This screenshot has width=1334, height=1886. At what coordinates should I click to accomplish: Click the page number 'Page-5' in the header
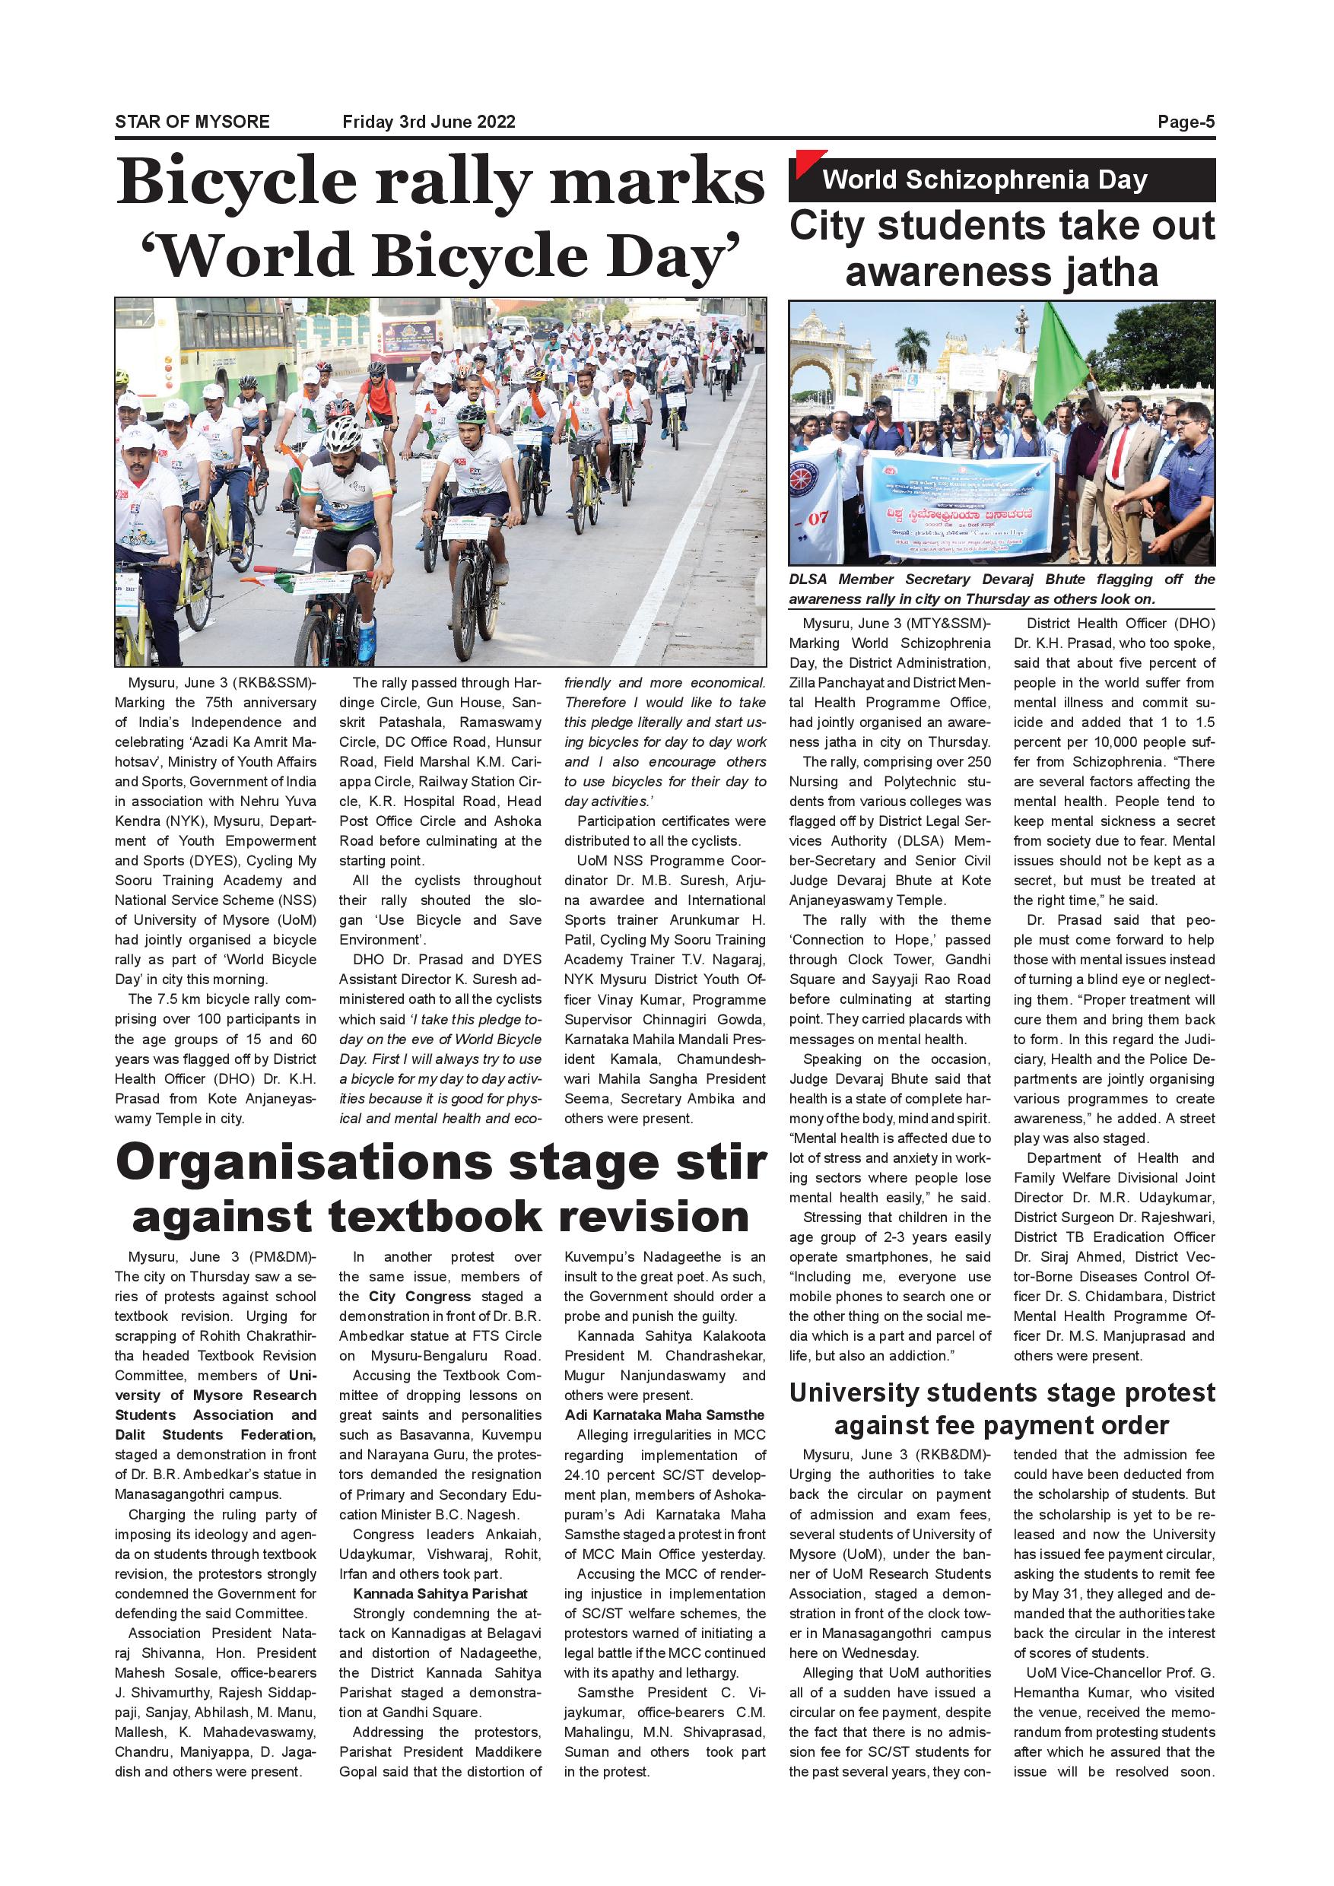click(1186, 122)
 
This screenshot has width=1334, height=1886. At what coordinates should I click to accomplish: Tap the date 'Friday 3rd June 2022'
click(429, 122)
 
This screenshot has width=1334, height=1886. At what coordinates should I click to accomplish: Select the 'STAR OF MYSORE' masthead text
click(192, 122)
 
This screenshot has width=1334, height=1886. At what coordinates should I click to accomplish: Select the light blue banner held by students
click(956, 502)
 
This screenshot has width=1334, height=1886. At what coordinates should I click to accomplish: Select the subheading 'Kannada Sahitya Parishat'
click(440, 1593)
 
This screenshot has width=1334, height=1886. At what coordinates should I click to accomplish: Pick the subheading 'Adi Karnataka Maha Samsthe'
click(664, 1414)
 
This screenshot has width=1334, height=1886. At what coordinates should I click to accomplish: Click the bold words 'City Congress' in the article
click(419, 1296)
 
